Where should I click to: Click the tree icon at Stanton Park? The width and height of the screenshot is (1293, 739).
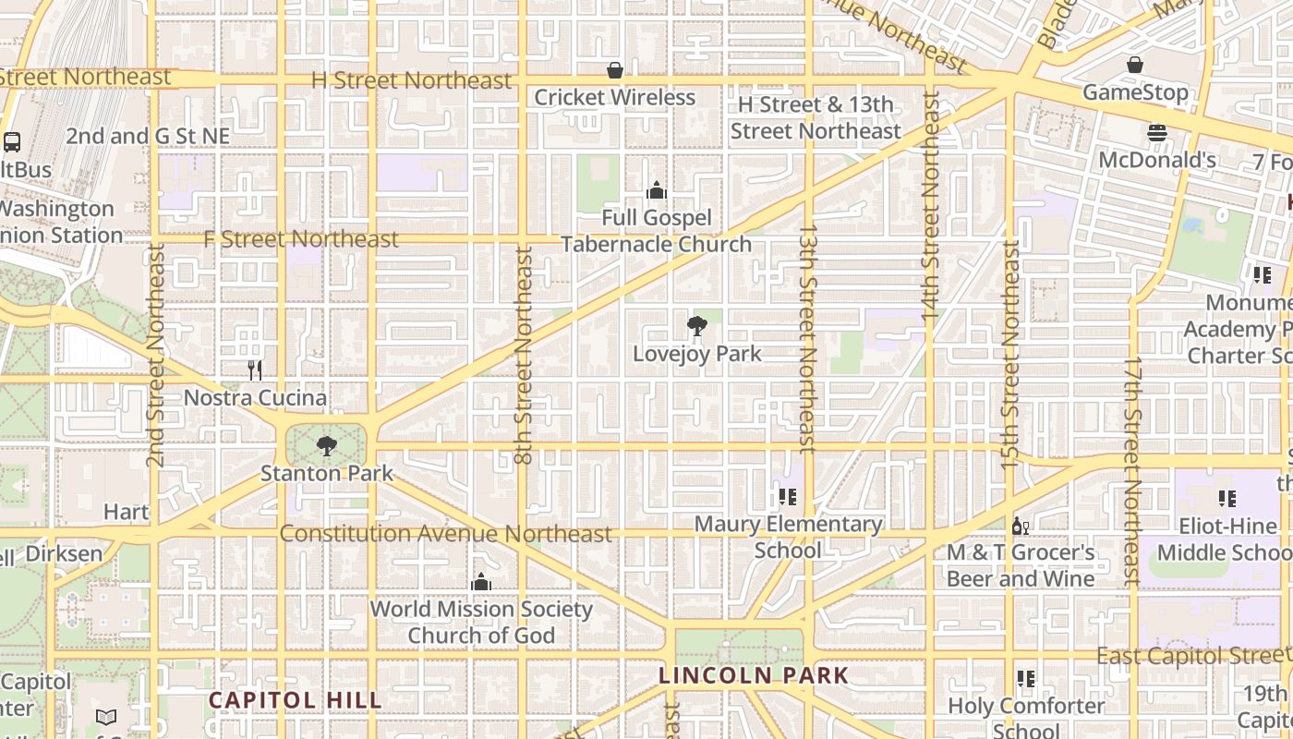click(x=326, y=446)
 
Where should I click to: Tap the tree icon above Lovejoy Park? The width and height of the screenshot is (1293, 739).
click(x=696, y=325)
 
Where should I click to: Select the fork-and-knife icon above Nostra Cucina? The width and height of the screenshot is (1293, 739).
click(x=255, y=370)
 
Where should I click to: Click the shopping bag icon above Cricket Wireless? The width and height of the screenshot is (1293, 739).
click(x=614, y=70)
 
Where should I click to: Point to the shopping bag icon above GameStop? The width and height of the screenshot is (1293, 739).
click(x=1134, y=65)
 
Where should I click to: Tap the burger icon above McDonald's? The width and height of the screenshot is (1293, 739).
click(x=1157, y=133)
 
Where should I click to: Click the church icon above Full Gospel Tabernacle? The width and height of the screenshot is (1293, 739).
click(x=657, y=190)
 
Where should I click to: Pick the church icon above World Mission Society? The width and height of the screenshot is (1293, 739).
click(x=481, y=582)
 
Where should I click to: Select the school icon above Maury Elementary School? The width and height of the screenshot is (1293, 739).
click(x=787, y=497)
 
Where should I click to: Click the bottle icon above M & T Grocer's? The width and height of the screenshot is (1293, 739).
click(x=1021, y=527)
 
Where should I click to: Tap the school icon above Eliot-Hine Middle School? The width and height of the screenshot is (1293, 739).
click(x=1227, y=499)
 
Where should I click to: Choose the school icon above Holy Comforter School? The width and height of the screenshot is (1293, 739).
click(x=1025, y=679)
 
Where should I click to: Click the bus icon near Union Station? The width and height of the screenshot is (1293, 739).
click(x=12, y=142)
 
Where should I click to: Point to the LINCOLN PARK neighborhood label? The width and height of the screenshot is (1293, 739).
click(x=753, y=675)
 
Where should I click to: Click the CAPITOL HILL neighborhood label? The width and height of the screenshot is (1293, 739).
click(x=295, y=700)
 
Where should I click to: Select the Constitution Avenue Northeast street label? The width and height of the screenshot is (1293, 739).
click(x=445, y=534)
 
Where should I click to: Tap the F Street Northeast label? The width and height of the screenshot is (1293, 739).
click(x=301, y=239)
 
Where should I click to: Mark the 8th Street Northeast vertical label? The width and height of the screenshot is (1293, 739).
click(x=524, y=355)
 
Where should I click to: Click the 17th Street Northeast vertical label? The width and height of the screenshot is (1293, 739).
click(x=1133, y=470)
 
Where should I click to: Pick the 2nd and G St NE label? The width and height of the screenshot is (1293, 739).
click(x=148, y=136)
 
